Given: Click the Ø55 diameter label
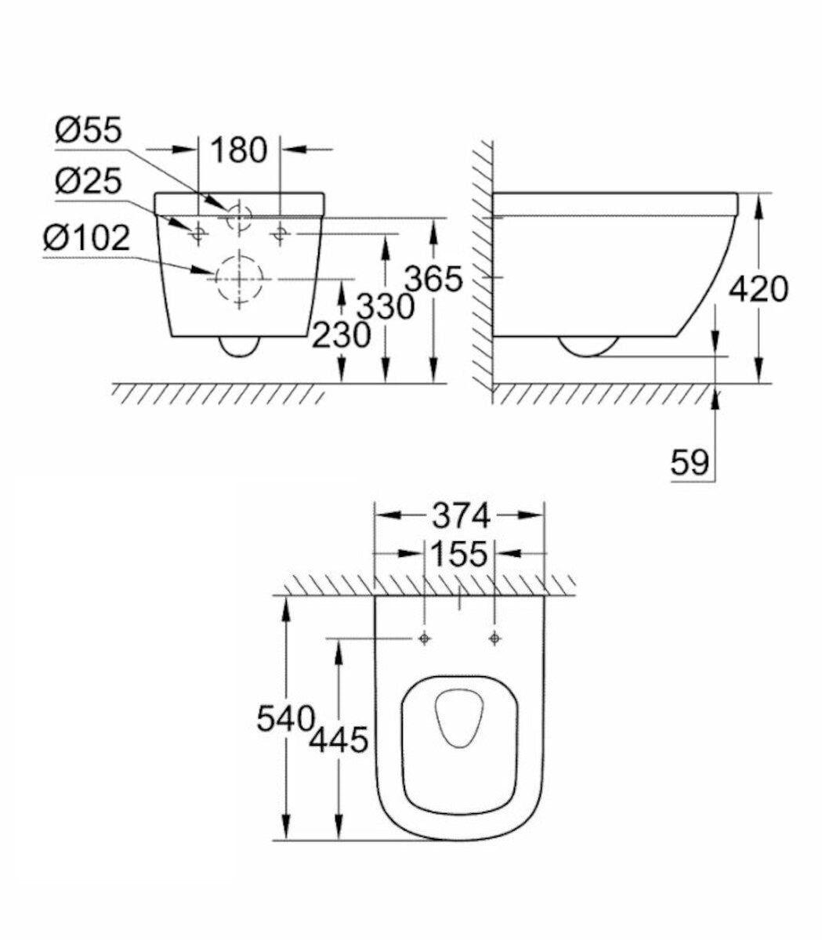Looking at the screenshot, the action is [x=89, y=130].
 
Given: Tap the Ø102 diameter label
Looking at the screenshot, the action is [x=87, y=238].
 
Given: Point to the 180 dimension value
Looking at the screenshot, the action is [x=239, y=150].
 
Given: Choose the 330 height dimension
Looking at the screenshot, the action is [x=386, y=306].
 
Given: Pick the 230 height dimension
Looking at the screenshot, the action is [x=342, y=334].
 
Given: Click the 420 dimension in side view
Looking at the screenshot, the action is [x=759, y=289].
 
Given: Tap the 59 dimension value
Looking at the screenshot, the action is [x=690, y=462].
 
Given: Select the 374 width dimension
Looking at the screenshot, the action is [x=461, y=516].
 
